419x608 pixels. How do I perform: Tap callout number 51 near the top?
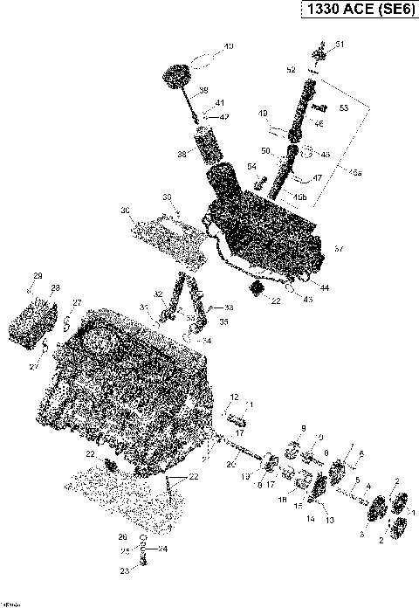340,45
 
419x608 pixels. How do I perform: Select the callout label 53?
342,107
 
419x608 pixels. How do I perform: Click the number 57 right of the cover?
339,249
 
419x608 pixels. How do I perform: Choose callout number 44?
325,287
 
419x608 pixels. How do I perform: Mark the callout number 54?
251,166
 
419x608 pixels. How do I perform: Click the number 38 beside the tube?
182,153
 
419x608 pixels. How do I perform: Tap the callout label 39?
203,90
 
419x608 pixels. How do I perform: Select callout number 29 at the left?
37,276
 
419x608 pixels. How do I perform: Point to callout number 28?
55,287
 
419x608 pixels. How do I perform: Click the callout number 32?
158,294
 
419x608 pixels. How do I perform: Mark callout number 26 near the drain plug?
123,536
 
